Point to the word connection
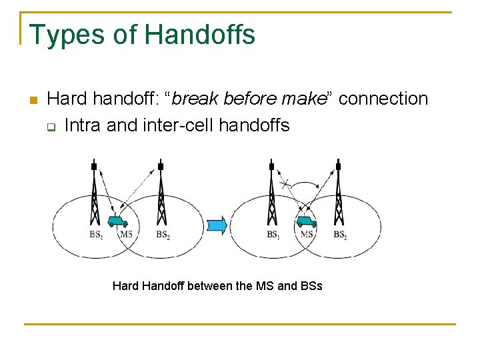(383, 99)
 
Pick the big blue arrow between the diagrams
(217, 225)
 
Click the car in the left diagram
(119, 221)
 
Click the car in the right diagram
(306, 221)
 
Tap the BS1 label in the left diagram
(97, 235)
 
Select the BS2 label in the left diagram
(163, 235)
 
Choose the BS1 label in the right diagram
(273, 235)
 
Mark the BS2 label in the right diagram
(340, 235)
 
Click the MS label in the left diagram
(126, 235)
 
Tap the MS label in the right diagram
(307, 235)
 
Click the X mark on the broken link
(285, 183)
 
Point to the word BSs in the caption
(311, 286)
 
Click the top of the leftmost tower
(94, 165)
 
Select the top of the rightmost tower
(339, 165)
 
